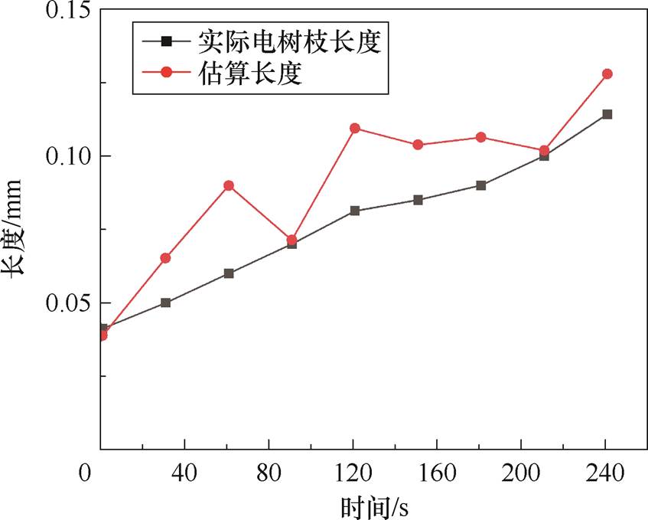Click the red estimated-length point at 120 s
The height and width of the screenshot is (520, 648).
click(355, 128)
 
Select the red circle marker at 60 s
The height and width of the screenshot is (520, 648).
click(229, 185)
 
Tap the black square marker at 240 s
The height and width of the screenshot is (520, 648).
click(607, 114)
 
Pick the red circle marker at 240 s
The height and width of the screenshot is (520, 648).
click(607, 74)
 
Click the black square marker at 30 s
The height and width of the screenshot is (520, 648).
click(166, 303)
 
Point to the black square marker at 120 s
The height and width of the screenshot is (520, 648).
click(355, 211)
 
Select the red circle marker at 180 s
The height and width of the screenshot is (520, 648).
click(480, 137)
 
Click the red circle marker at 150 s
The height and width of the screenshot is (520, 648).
click(418, 145)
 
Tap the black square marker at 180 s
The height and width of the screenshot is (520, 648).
click(480, 185)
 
